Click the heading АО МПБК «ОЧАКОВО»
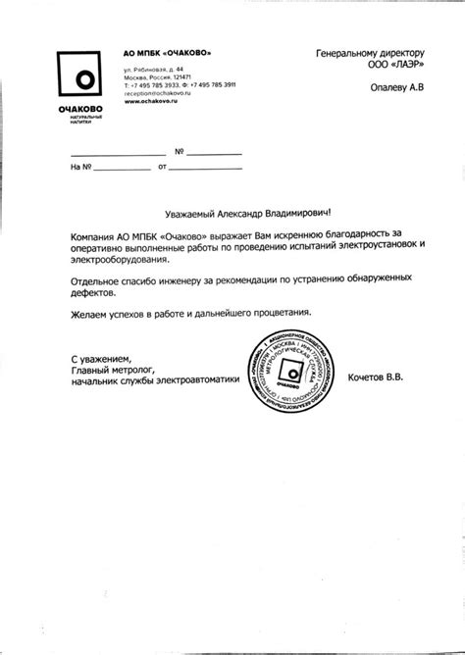(x=167, y=51)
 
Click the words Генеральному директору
(x=370, y=51)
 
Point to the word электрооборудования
(x=120, y=261)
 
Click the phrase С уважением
(x=101, y=358)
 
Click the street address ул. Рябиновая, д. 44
(x=153, y=69)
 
